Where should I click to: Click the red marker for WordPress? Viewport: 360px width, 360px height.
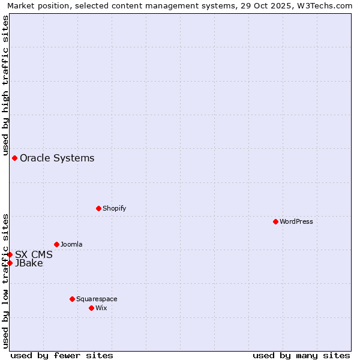275,221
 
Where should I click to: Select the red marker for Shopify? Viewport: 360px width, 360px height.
98,208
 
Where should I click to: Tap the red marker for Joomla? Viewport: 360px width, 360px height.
56,244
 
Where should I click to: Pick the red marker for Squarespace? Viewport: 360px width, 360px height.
72,299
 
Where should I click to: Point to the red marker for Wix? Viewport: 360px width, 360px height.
91,308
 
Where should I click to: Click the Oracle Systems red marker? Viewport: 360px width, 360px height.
14,158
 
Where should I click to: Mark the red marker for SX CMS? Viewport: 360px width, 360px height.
10,254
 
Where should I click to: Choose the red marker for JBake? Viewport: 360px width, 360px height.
10,263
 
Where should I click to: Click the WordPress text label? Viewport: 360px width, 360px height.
296,221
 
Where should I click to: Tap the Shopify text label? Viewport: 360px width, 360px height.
114,208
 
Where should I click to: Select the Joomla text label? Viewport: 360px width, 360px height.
71,244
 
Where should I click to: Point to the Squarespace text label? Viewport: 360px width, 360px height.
97,299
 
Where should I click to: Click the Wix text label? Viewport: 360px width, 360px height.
101,308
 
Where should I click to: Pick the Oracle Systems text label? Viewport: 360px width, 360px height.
57,158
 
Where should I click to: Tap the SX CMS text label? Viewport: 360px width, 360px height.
34,254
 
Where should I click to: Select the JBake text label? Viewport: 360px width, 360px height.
29,263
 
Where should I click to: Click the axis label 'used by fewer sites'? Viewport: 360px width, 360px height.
62,355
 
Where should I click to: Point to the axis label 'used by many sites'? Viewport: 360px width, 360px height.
301,355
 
